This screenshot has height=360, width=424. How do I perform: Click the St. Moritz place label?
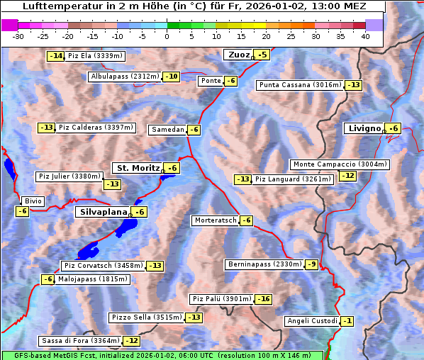click(137, 168)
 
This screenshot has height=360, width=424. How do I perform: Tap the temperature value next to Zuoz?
click(262, 55)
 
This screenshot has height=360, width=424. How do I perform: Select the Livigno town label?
click(364, 128)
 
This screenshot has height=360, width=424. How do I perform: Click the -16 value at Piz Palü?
click(263, 299)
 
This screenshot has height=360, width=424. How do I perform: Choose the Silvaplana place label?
click(102, 212)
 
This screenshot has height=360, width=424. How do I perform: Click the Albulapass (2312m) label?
click(125, 77)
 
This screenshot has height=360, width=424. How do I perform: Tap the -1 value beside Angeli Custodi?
click(347, 321)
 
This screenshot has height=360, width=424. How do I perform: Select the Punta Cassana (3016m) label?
click(300, 85)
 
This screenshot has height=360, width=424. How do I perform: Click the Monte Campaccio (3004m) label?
click(340, 164)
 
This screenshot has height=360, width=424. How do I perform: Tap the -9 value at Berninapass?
click(311, 264)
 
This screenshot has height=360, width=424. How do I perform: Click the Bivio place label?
click(33, 201)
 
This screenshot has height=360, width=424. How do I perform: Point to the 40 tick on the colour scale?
click(365, 36)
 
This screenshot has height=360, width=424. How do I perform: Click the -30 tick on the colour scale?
click(19, 36)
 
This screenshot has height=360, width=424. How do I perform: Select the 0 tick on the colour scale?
click(167, 36)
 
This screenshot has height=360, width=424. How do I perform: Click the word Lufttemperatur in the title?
click(59, 7)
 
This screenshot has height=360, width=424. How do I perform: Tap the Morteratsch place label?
click(215, 220)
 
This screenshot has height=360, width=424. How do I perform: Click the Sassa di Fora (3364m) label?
click(80, 341)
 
